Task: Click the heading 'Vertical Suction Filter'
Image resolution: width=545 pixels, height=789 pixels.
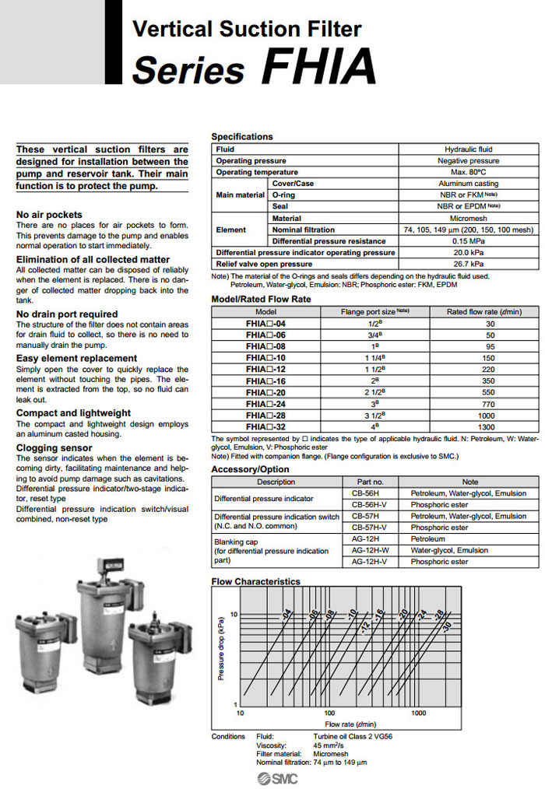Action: (x=247, y=30)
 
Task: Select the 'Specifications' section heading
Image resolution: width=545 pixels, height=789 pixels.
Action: (x=242, y=137)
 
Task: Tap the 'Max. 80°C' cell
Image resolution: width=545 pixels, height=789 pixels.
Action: (x=468, y=172)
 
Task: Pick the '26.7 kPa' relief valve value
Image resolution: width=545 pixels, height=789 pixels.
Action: (x=468, y=264)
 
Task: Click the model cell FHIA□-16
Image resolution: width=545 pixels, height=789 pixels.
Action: (x=265, y=381)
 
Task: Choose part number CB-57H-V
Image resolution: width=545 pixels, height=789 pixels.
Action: (x=369, y=528)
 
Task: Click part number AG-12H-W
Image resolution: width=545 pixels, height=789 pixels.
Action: (x=369, y=550)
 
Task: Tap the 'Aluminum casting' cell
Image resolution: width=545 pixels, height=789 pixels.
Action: (x=468, y=184)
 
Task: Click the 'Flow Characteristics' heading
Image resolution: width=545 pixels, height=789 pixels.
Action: (x=255, y=581)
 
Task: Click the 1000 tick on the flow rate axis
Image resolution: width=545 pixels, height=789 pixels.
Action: (x=419, y=713)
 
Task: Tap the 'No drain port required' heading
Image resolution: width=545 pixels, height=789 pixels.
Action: (x=67, y=314)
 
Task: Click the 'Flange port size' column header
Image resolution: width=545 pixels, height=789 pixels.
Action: (x=374, y=311)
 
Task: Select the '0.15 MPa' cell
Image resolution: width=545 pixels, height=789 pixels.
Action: (x=468, y=241)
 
